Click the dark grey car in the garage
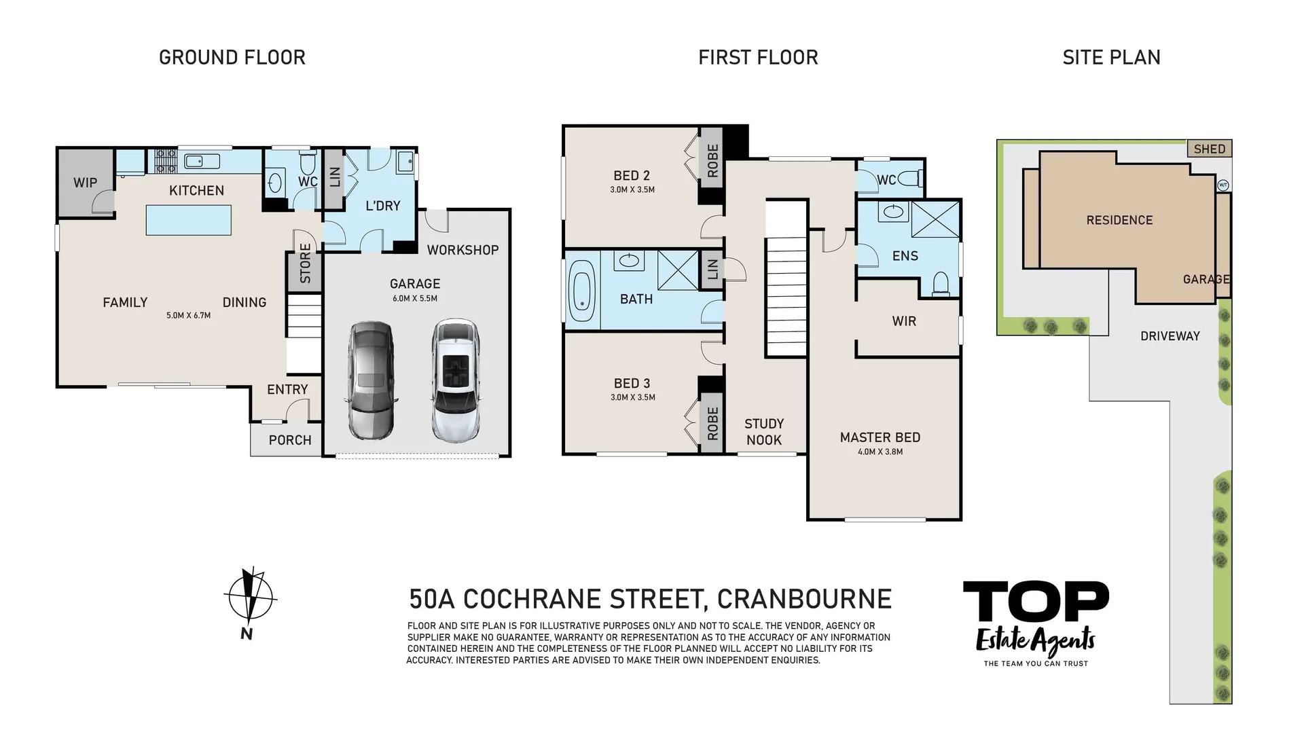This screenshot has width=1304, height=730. pyautogui.click(x=370, y=381)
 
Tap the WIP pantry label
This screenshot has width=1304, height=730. pyautogui.click(x=85, y=183)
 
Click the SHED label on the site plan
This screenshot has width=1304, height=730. pyautogui.click(x=1210, y=149)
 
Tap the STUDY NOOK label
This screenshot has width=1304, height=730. pyautogui.click(x=764, y=432)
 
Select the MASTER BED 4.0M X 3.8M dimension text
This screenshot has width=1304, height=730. pyautogui.click(x=880, y=452)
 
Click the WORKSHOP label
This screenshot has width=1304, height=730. pyautogui.click(x=463, y=250)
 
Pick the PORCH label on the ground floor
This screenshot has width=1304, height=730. pyautogui.click(x=290, y=440)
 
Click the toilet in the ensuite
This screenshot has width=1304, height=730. pyautogui.click(x=941, y=284)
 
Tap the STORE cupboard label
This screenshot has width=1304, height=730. pyautogui.click(x=305, y=263)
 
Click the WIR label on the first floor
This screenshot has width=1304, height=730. pyautogui.click(x=904, y=321)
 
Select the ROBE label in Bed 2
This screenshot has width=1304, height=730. pyautogui.click(x=712, y=161)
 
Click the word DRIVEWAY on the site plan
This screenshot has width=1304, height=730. pyautogui.click(x=1170, y=336)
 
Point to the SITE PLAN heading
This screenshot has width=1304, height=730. pyautogui.click(x=1111, y=58)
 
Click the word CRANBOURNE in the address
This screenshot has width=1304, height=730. pyautogui.click(x=804, y=599)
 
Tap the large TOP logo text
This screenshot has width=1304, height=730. pyautogui.click(x=1036, y=602)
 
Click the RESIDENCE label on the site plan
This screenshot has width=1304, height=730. pyautogui.click(x=1119, y=220)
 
